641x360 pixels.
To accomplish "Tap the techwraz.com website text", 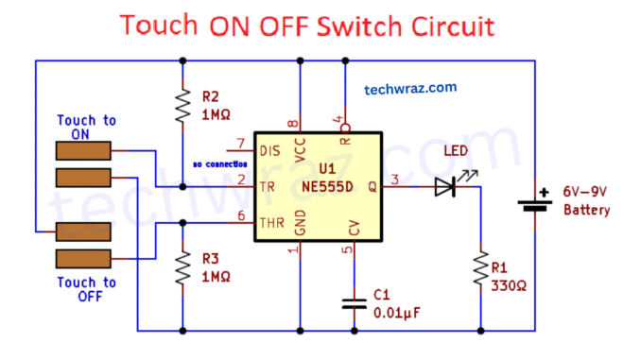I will tap(410, 88).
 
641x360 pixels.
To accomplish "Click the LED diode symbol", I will tap(446, 187).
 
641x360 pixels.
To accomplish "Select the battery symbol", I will tap(535, 202).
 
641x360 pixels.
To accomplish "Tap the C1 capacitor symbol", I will tap(354, 304).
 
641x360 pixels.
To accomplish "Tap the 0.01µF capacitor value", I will tap(396, 311).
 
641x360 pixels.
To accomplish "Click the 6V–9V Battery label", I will tap(586, 200).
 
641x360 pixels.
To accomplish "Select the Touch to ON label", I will tap(87, 128).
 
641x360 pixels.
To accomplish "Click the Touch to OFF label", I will tap(86, 289).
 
